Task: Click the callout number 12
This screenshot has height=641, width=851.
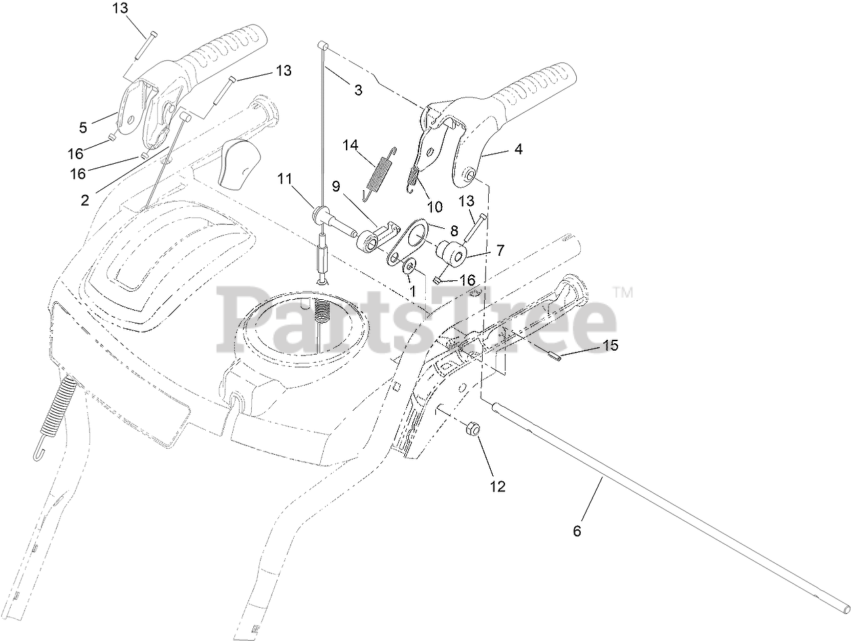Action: pyautogui.click(x=498, y=486)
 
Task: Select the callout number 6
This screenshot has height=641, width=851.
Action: pyautogui.click(x=577, y=531)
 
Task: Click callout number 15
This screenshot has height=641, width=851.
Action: pyautogui.click(x=611, y=345)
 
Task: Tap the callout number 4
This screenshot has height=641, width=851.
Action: pyautogui.click(x=518, y=150)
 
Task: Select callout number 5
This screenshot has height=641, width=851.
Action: pyautogui.click(x=83, y=127)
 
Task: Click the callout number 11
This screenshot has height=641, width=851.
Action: pyautogui.click(x=284, y=179)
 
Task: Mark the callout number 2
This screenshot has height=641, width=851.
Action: pyautogui.click(x=85, y=200)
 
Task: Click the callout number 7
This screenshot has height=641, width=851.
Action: pyautogui.click(x=500, y=250)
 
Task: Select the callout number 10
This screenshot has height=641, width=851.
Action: pyautogui.click(x=434, y=206)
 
